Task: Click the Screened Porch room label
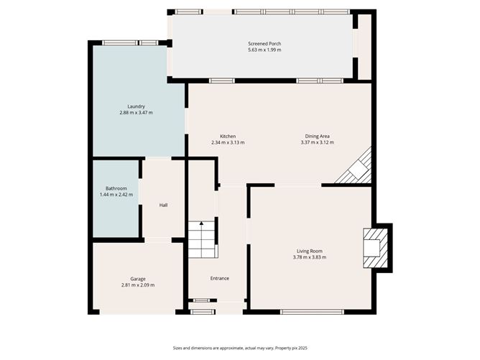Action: click(264, 44)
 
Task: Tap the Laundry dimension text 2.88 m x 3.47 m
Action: click(136, 113)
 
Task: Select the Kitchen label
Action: click(228, 136)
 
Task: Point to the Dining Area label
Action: click(317, 136)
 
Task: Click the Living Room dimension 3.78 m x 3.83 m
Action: click(309, 257)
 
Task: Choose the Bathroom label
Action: click(116, 188)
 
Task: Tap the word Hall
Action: click(163, 206)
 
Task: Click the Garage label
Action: click(138, 279)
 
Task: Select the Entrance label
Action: click(219, 278)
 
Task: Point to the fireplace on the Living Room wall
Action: click(375, 246)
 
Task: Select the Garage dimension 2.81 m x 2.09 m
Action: click(138, 285)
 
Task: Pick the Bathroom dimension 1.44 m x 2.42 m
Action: click(116, 195)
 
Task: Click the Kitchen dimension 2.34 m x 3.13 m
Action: click(228, 142)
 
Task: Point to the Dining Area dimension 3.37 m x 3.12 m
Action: click(317, 142)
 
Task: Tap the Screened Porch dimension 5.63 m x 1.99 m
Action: click(264, 50)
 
